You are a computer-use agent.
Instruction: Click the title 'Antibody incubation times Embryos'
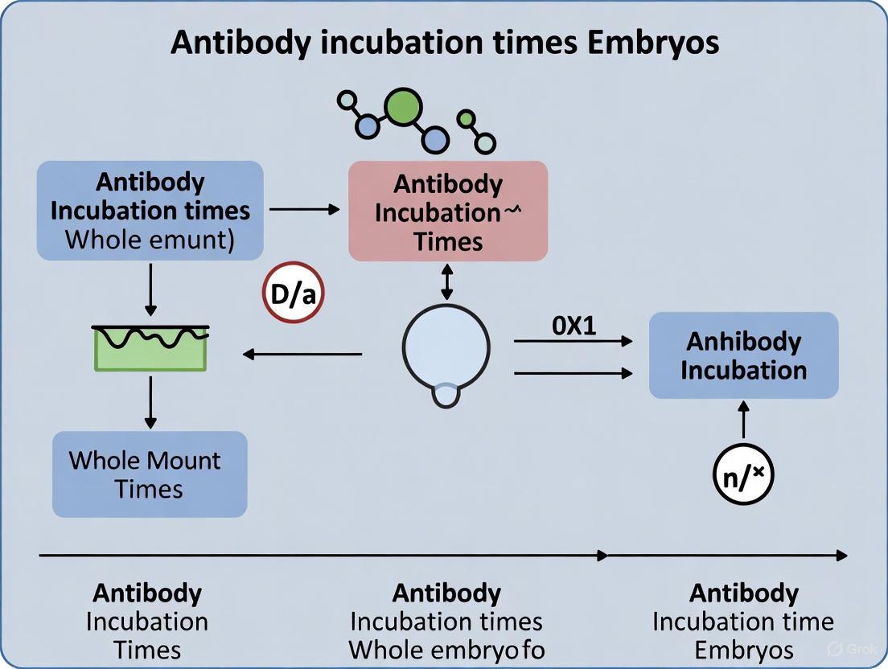(444, 41)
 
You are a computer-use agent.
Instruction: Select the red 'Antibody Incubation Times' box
(448, 211)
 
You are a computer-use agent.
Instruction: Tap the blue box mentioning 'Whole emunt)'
(150, 210)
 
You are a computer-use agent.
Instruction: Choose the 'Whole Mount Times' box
(150, 474)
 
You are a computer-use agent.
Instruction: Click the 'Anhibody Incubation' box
(743, 355)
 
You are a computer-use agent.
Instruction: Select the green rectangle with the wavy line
(150, 347)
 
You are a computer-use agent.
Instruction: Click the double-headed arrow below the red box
(446, 282)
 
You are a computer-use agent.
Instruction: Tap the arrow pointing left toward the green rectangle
(302, 353)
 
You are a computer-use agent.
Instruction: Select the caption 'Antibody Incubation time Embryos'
(743, 622)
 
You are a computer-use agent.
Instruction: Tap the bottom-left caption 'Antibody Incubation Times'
(147, 622)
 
